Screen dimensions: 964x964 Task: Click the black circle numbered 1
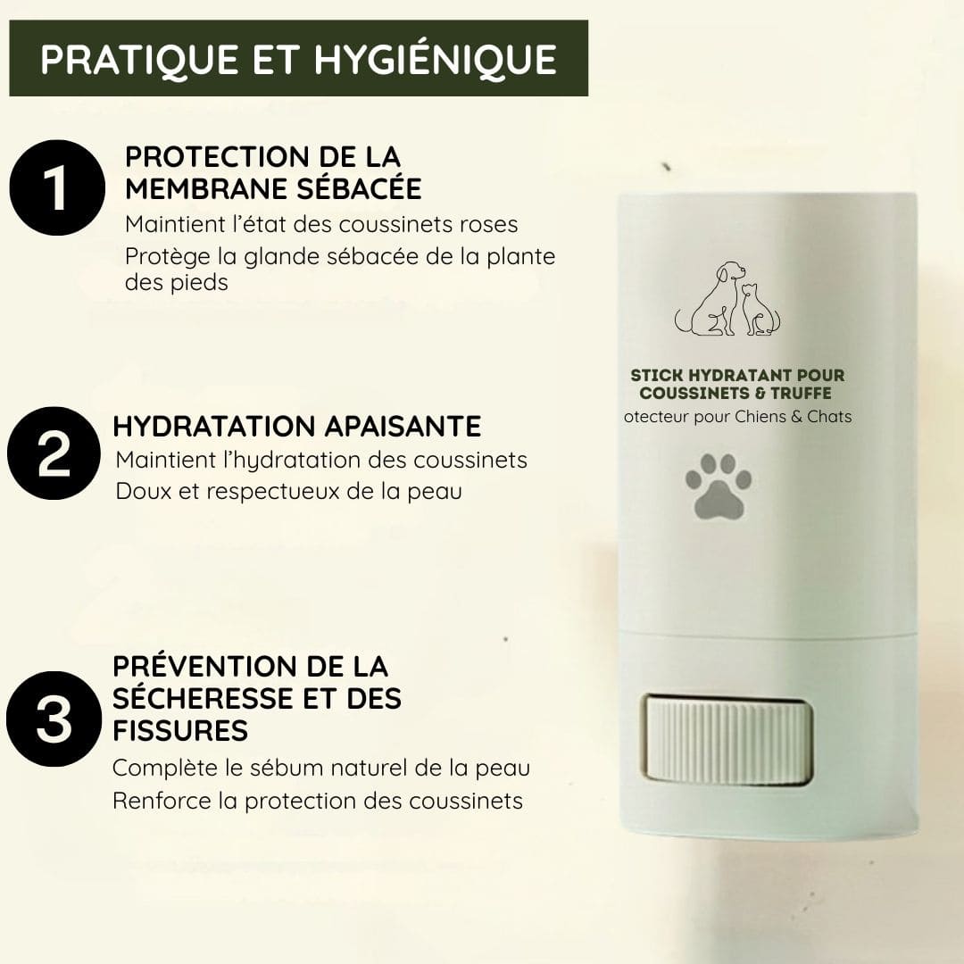pyautogui.click(x=56, y=187)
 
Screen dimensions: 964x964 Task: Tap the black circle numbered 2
pyautogui.click(x=54, y=455)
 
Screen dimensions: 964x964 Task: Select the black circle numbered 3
pyautogui.click(x=54, y=719)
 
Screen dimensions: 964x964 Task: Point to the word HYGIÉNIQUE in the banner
pyautogui.click(x=436, y=59)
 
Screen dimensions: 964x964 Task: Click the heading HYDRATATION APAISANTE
pyautogui.click(x=296, y=426)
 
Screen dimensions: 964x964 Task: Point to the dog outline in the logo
pyautogui.click(x=709, y=299)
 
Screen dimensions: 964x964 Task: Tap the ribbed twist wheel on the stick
pyautogui.click(x=725, y=740)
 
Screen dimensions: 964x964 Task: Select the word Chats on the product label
pyautogui.click(x=829, y=417)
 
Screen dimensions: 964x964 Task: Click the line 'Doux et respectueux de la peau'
pyautogui.click(x=288, y=491)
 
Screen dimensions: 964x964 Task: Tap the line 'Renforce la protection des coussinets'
pyautogui.click(x=317, y=801)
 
